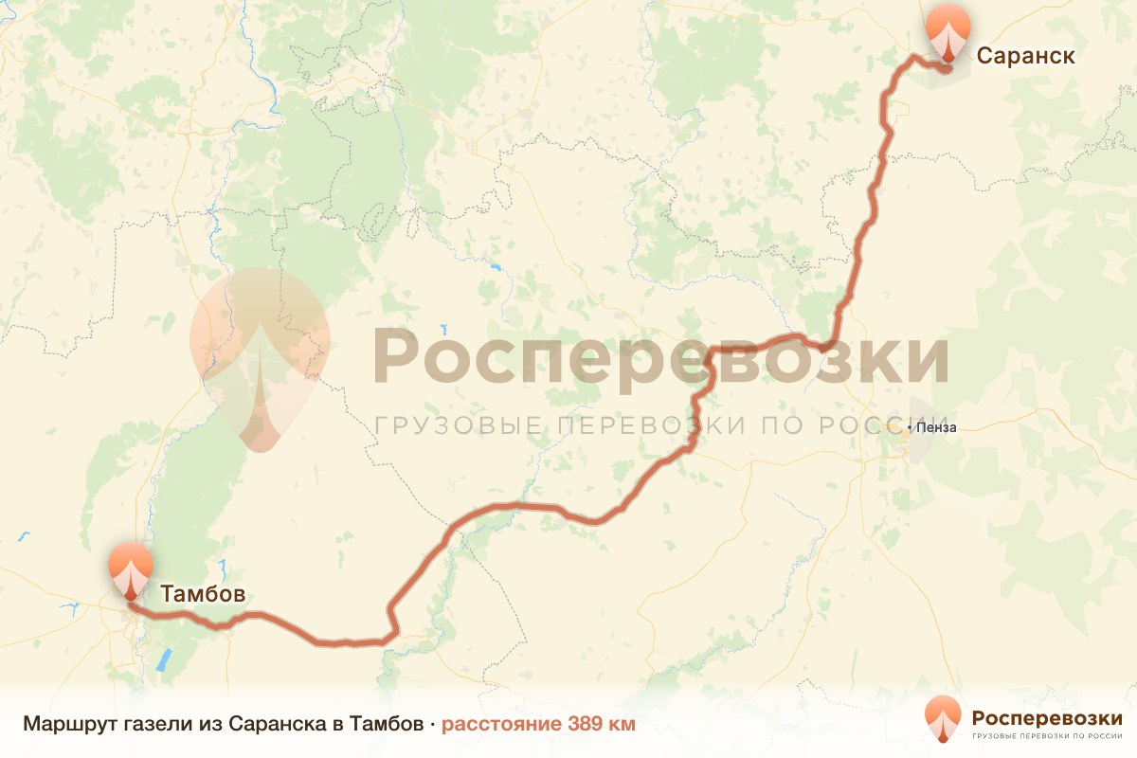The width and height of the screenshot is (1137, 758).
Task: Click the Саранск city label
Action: click(1025, 56)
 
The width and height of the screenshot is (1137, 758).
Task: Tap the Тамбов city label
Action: click(203, 594)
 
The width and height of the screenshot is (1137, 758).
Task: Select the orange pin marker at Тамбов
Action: click(130, 568)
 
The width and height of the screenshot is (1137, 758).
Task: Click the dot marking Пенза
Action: click(910, 427)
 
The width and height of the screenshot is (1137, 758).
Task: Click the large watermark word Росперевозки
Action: click(660, 357)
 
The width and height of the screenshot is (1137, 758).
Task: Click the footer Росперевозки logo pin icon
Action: click(942, 717)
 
